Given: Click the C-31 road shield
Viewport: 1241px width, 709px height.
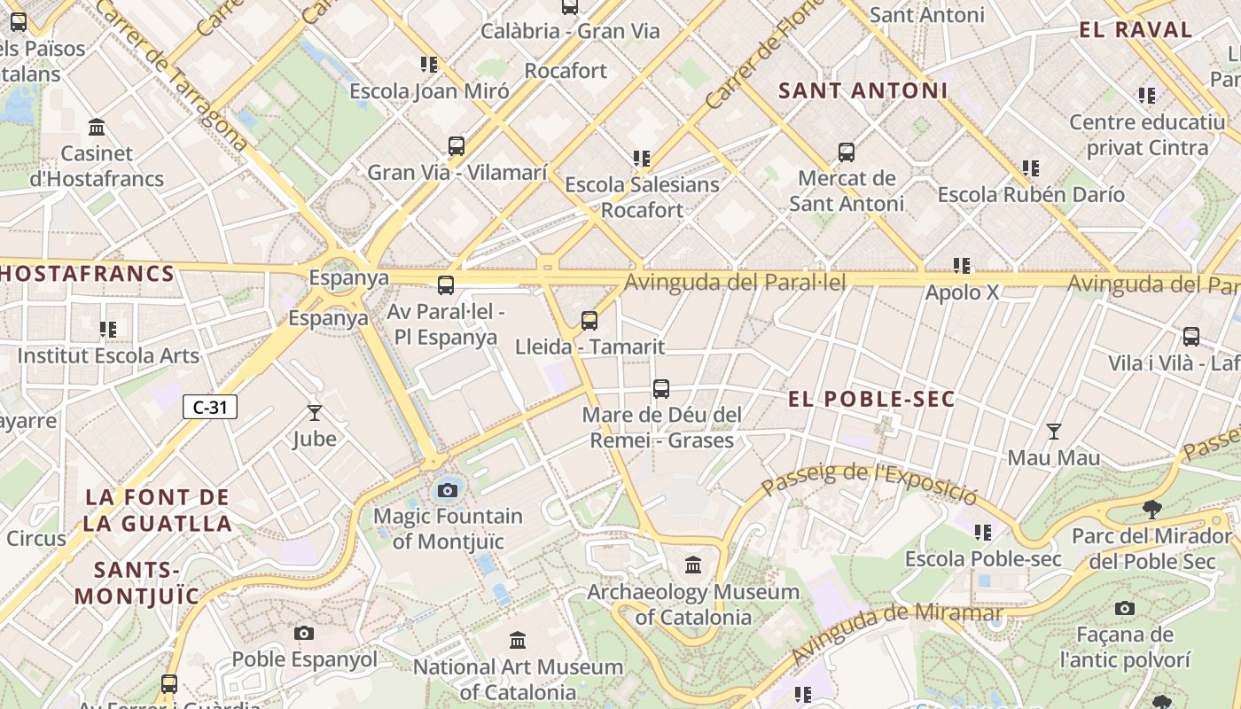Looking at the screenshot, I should (x=210, y=407).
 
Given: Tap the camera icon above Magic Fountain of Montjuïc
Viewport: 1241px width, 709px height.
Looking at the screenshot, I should (x=448, y=490).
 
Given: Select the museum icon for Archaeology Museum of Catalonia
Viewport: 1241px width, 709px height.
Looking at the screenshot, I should (x=693, y=565).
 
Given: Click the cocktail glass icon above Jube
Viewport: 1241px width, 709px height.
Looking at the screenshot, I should (x=315, y=412).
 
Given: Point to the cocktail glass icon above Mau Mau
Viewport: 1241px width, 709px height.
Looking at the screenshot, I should (x=1053, y=432).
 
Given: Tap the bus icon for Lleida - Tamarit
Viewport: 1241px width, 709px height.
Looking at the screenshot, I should (x=589, y=320).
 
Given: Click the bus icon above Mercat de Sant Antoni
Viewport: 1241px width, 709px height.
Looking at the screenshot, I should (x=847, y=152).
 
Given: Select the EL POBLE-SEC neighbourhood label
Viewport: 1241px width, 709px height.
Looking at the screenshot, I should (x=871, y=399).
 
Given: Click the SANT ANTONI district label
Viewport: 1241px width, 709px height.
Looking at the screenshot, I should (x=862, y=90).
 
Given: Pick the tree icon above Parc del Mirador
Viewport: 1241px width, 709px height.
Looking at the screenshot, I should (x=1151, y=509).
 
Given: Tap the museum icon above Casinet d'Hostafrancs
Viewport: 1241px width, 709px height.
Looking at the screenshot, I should (x=97, y=127).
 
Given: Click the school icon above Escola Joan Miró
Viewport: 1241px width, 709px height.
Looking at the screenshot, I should (x=429, y=65).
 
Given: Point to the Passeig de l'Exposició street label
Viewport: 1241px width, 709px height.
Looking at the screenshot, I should (x=869, y=481).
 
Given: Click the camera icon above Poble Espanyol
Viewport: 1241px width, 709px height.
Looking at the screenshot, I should (x=304, y=633).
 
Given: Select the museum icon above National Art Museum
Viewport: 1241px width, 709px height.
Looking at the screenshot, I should (x=518, y=640).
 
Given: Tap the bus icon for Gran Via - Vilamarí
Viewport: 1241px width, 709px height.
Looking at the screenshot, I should (x=457, y=146).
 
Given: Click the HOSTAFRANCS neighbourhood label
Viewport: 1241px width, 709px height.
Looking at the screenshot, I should (x=87, y=273).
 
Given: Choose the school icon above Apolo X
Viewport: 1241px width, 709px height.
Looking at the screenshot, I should (x=962, y=265).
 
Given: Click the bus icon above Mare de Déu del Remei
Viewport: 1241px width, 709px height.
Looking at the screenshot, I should (x=661, y=388).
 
